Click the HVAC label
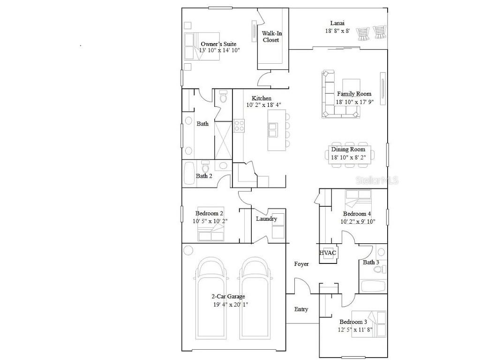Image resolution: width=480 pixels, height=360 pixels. tap(328, 253)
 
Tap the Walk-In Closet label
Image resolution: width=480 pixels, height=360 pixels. tap(271, 37)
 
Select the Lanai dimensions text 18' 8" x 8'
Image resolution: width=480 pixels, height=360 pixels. tap(337, 31)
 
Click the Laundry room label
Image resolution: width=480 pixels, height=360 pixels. tap(266, 219)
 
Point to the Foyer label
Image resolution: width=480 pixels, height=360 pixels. tap(301, 264)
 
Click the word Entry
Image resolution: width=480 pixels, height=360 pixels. tap(301, 309)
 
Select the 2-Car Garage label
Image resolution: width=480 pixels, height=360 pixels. tap(228, 296)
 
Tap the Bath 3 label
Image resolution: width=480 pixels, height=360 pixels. tap(371, 262)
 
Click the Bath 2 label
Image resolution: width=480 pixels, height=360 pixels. tap(204, 176)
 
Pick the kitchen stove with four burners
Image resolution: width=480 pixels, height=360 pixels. tap(239, 126)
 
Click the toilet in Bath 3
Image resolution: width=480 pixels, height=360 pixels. tap(382, 269)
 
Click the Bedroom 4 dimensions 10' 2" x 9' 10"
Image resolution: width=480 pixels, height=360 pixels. tap(358, 222)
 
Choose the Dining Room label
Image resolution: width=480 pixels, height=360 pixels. tap(348, 150)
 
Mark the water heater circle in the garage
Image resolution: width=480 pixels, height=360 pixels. tap(188, 250)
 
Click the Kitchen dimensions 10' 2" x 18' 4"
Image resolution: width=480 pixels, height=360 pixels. tap(263, 105)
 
